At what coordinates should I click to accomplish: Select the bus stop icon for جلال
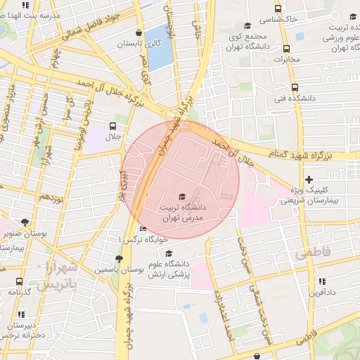click(x=113, y=126)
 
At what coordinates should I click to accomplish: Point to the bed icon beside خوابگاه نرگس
click(x=143, y=229)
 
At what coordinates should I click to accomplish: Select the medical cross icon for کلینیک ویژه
click(x=308, y=180)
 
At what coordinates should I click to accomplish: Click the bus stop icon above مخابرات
click(x=287, y=49)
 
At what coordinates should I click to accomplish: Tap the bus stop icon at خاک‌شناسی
click(x=278, y=9)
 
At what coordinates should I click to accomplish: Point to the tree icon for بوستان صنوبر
click(x=26, y=222)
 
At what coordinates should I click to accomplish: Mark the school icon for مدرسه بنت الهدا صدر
click(x=27, y=5)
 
